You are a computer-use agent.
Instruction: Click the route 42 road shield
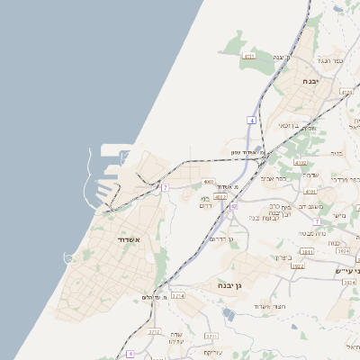pyautogui.click(x=233, y=206)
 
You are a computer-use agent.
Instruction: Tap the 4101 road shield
pyautogui.click(x=310, y=192)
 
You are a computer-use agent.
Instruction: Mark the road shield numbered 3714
pyautogui.click(x=178, y=295)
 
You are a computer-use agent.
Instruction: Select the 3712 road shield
pyautogui.click(x=155, y=331)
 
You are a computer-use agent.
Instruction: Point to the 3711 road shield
pyautogui.click(x=211, y=337)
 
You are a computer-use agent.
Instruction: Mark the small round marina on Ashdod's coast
pyautogui.click(x=69, y=258)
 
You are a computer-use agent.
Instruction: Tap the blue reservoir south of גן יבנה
pyautogui.click(x=229, y=314)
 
